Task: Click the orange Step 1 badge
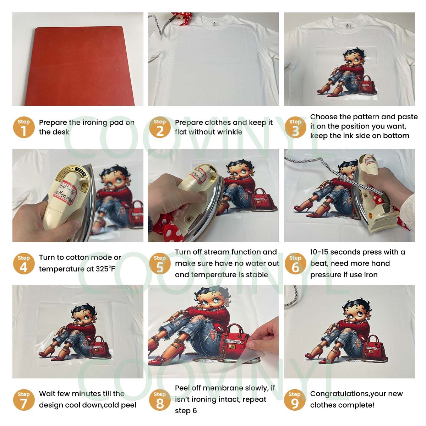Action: click(x=24, y=127)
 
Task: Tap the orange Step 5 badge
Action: click(x=160, y=263)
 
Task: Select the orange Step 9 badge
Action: click(x=295, y=400)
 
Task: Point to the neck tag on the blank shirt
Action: click(x=214, y=24)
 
